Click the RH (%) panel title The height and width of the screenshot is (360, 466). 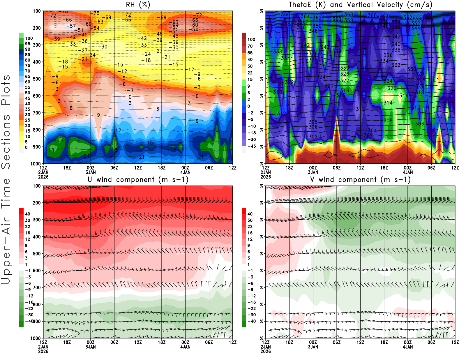138,5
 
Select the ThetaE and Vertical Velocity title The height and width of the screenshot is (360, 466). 360,5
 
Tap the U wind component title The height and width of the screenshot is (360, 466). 138,180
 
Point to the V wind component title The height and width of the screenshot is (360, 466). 360,180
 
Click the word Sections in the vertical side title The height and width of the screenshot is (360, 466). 6,141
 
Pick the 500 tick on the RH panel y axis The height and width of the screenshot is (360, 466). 37,79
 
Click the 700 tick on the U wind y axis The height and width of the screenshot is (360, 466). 37,287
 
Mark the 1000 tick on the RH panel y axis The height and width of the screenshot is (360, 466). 36,164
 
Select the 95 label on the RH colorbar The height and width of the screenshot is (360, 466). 28,44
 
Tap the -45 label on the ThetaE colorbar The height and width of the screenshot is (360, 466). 252,146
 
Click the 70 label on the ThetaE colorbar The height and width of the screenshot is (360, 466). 250,46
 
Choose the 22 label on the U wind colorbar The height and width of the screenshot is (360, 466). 28,227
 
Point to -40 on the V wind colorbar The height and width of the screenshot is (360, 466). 252,321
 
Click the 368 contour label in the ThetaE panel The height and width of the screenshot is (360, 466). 349,15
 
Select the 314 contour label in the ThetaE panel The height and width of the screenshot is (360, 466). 388,103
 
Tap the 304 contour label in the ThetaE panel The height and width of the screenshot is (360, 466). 372,130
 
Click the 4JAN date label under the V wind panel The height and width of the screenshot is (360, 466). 408,347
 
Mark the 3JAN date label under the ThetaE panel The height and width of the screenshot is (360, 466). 313,172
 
